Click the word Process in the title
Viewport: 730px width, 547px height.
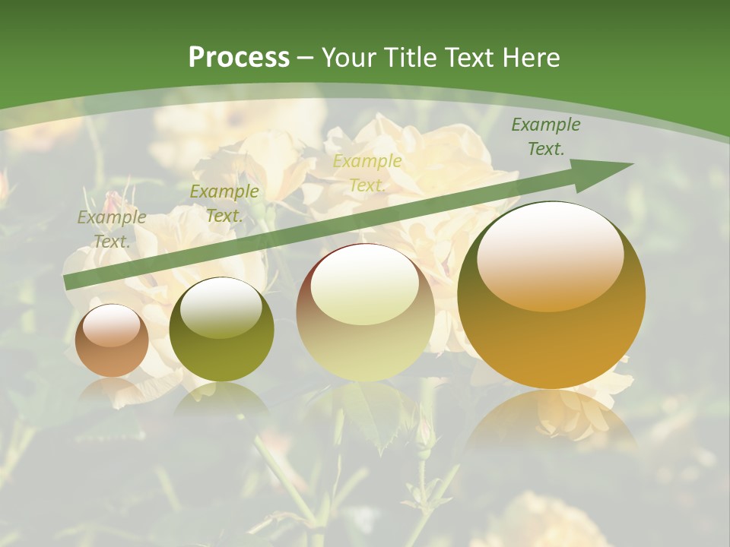[239, 58]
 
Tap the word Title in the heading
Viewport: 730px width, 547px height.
[408, 58]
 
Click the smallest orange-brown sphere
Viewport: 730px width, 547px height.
[112, 340]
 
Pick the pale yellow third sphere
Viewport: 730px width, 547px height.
[365, 312]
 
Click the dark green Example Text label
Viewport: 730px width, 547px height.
[545, 137]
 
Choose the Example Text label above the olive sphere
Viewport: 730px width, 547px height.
[224, 204]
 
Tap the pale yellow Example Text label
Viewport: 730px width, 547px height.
[367, 173]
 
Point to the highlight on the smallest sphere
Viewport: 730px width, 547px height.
[112, 325]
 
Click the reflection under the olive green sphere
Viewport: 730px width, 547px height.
[221, 399]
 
